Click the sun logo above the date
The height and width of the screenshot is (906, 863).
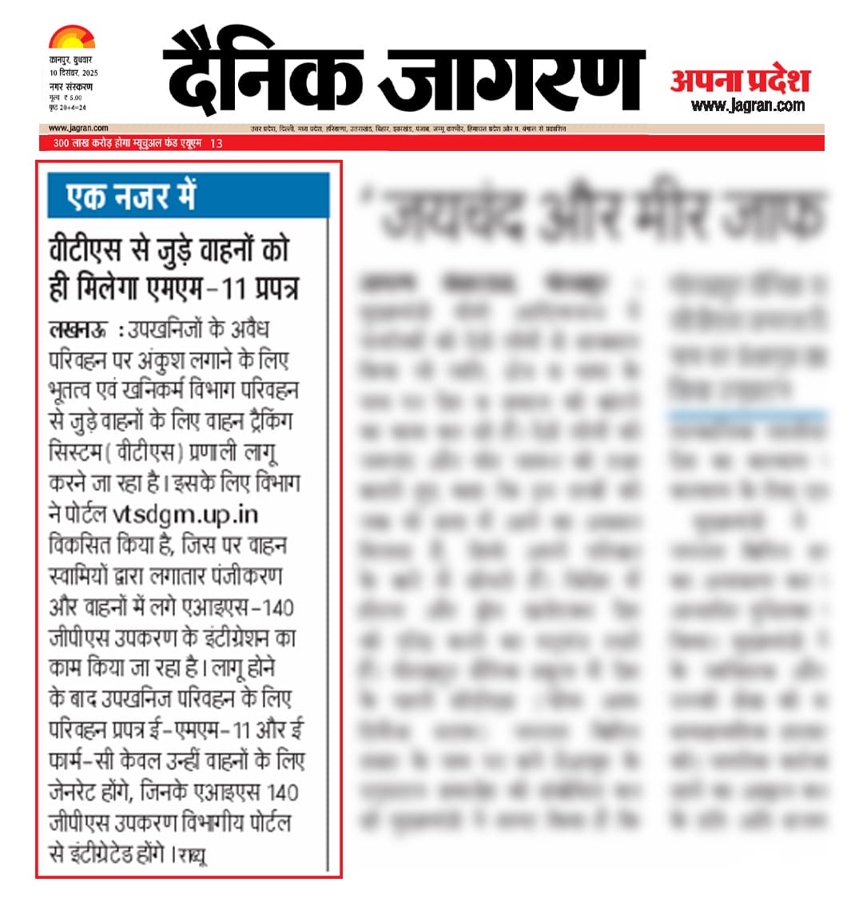coord(71,38)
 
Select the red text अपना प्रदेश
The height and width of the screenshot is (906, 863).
coord(740,80)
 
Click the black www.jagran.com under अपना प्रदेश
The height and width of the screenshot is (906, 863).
coord(748,105)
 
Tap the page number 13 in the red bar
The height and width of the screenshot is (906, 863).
coord(216,143)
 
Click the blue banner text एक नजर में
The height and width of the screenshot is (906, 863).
coord(132,197)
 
